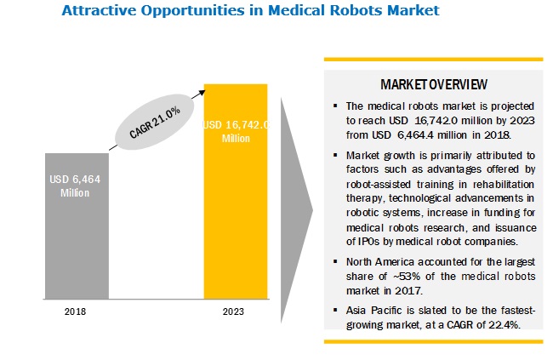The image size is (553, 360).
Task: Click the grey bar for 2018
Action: tap(76, 226)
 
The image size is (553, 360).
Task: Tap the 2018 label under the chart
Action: tap(76, 312)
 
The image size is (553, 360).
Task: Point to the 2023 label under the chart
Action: tap(235, 312)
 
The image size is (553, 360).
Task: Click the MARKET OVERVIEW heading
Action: tap(433, 85)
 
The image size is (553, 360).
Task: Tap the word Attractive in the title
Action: tap(99, 12)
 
